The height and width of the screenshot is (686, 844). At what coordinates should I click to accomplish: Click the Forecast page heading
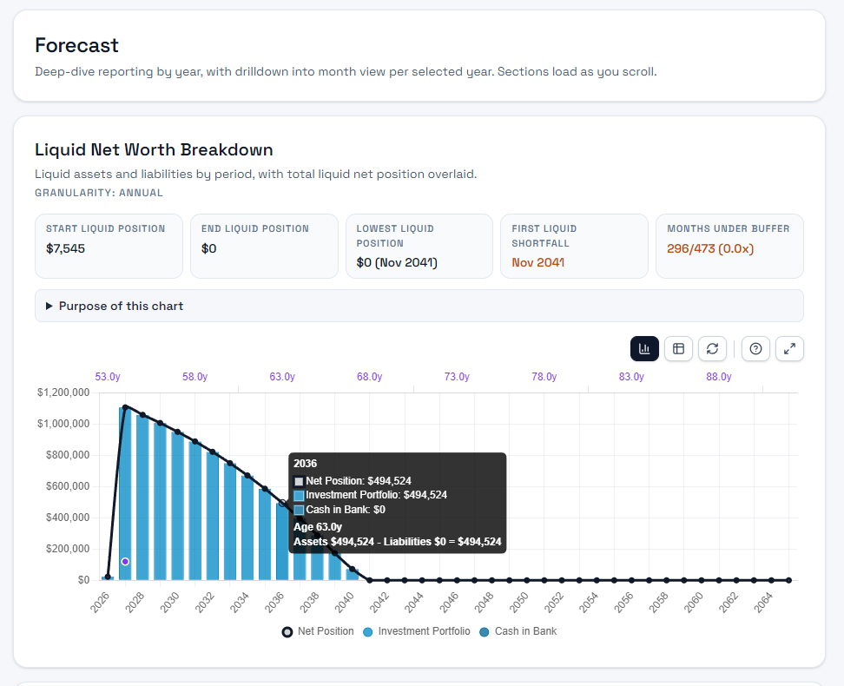(76, 45)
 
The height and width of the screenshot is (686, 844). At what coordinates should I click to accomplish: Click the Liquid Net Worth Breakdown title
(154, 150)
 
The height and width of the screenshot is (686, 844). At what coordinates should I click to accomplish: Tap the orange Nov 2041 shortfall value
(537, 262)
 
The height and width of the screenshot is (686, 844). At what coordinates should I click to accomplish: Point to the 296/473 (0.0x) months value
(710, 248)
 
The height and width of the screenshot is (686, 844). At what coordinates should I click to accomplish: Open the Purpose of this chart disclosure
(121, 306)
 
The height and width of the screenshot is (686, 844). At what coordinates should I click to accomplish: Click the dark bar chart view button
(644, 348)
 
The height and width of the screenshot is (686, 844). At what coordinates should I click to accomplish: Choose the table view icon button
(678, 348)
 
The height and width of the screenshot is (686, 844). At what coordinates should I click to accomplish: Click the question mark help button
(755, 348)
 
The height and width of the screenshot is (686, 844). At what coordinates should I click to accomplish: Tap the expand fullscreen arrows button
(789, 348)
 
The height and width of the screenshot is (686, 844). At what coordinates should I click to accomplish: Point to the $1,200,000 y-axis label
(63, 392)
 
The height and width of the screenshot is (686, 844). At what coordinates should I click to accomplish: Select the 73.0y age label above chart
(457, 377)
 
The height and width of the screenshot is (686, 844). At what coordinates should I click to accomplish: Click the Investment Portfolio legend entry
(417, 631)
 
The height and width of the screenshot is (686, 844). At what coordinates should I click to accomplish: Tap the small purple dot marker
(125, 562)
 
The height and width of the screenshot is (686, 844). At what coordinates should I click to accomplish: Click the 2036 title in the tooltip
(306, 464)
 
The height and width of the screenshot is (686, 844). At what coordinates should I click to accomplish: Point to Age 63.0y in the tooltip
(318, 526)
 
